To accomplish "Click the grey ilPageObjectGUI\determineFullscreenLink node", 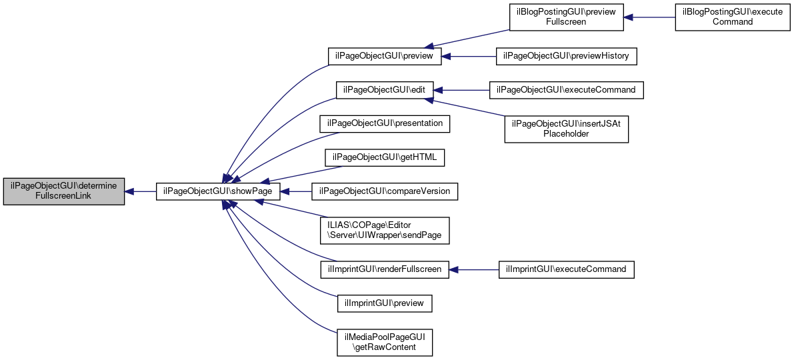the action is [64, 192].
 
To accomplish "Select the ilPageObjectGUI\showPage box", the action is [218, 192].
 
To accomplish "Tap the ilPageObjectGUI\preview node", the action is [385, 56].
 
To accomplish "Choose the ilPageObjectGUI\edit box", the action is [385, 90].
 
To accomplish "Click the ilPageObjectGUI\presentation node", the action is [385, 124].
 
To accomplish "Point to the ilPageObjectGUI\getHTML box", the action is [385, 158].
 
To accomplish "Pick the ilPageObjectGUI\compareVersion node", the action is [385, 192].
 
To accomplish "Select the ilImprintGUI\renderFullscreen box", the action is [385, 270].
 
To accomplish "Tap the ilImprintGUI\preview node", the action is [385, 303].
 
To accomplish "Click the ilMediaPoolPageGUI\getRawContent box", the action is [385, 342].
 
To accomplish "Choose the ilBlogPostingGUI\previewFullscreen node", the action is [566, 17].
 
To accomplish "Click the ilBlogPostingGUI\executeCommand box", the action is [732, 17].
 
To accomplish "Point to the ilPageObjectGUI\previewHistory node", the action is [566, 56].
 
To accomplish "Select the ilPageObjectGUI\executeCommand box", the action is [566, 90].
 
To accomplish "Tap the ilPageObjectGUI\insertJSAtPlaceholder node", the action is [566, 129].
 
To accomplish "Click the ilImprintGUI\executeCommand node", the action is [566, 270].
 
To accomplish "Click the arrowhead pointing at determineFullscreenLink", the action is [129, 192].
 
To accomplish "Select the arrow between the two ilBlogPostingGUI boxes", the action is [649, 17].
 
